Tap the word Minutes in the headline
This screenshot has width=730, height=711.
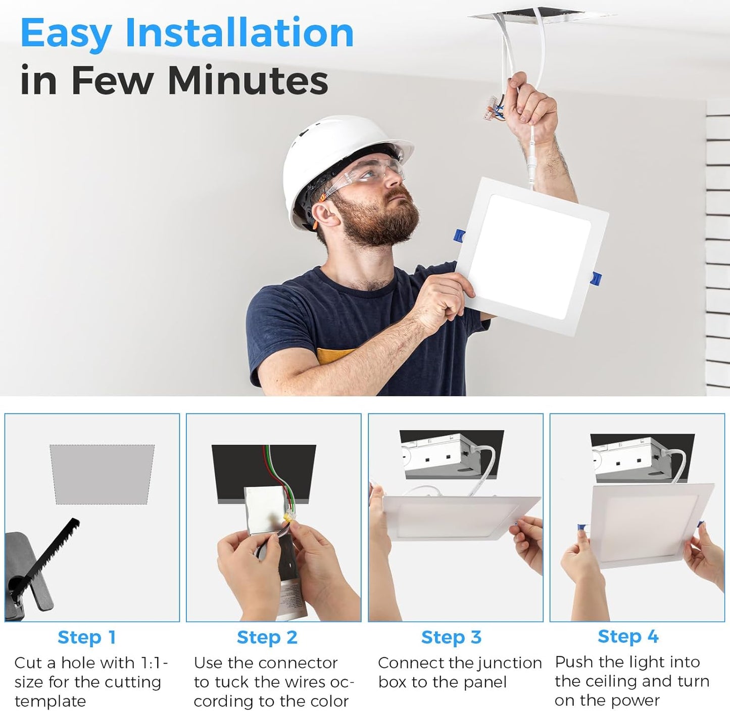248,80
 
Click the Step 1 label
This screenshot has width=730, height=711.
87,637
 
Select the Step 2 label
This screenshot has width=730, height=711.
267,637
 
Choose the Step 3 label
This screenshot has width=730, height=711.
451,637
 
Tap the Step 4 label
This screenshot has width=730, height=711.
628,636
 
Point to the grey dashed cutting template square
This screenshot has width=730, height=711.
102,474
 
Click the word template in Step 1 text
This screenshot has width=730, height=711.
51,700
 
